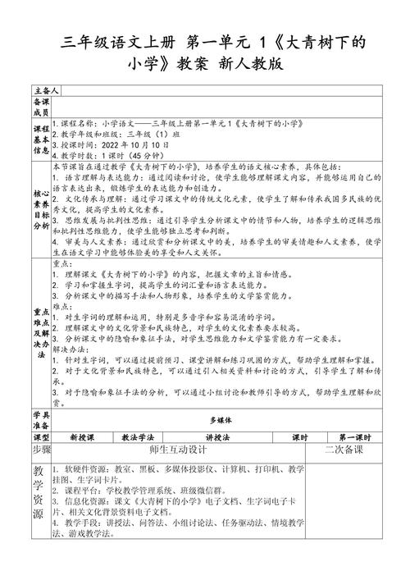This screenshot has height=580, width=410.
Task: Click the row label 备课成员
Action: (40, 106)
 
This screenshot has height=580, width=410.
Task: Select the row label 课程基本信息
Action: (40, 139)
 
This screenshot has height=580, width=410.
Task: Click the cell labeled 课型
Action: (40, 438)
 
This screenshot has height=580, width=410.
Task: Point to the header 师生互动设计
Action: (177, 451)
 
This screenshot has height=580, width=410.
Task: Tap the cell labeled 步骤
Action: (41, 450)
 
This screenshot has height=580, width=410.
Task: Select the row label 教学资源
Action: (40, 505)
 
